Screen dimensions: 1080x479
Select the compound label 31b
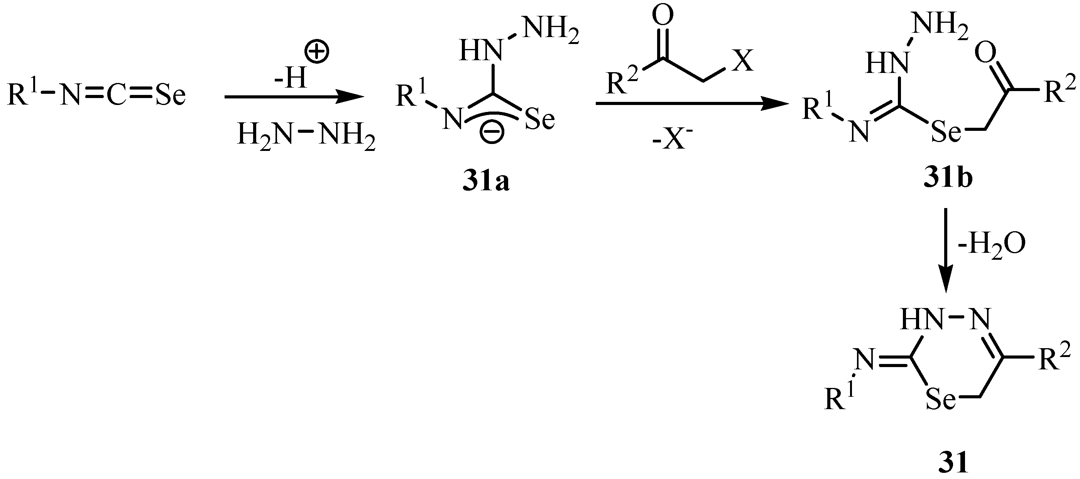[948, 178]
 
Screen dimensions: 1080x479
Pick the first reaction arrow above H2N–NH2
[294, 97]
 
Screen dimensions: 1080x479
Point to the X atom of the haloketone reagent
[742, 62]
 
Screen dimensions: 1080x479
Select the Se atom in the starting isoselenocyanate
[170, 96]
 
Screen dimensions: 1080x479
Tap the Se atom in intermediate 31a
[539, 119]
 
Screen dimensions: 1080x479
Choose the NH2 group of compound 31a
[552, 33]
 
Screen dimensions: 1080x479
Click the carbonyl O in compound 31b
[985, 53]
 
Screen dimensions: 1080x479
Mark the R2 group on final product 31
[1054, 357]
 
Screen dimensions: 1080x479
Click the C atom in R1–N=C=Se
[116, 96]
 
